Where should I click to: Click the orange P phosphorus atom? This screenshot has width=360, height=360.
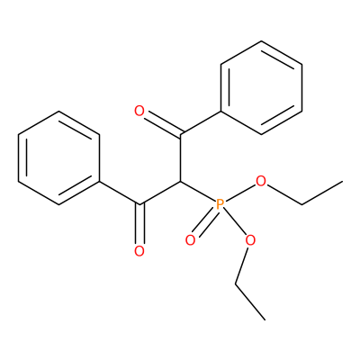tap(220, 204)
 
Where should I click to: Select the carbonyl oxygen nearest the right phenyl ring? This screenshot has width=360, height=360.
tap(139, 112)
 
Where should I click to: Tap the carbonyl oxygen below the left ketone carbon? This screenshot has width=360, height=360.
tap(139, 251)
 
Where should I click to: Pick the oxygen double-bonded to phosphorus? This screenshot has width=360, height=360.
tap(190, 240)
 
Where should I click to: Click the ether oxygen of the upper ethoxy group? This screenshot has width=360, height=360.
tap(261, 181)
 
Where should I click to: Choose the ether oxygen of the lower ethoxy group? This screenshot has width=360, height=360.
tap(250, 240)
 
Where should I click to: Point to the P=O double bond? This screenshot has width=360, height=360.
tap(204, 221)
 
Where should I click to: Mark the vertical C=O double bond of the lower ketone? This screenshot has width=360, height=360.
tap(139, 224)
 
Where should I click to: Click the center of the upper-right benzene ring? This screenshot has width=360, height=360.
tap(261, 88)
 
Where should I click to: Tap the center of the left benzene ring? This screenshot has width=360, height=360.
tap(58, 158)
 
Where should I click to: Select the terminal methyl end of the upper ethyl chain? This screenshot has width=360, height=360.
tap(342, 182)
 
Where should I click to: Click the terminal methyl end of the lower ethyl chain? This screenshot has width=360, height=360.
tap(265, 319)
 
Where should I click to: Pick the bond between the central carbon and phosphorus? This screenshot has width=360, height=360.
tap(199, 192)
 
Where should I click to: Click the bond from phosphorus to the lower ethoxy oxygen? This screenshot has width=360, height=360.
tap(236, 222)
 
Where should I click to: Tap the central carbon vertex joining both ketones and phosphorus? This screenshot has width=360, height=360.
tap(180, 182)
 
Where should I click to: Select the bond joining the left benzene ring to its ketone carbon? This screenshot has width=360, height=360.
tap(120, 193)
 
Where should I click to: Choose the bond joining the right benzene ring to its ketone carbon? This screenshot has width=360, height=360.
tap(201, 123)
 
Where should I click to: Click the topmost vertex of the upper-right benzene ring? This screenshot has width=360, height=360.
tap(261, 41)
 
